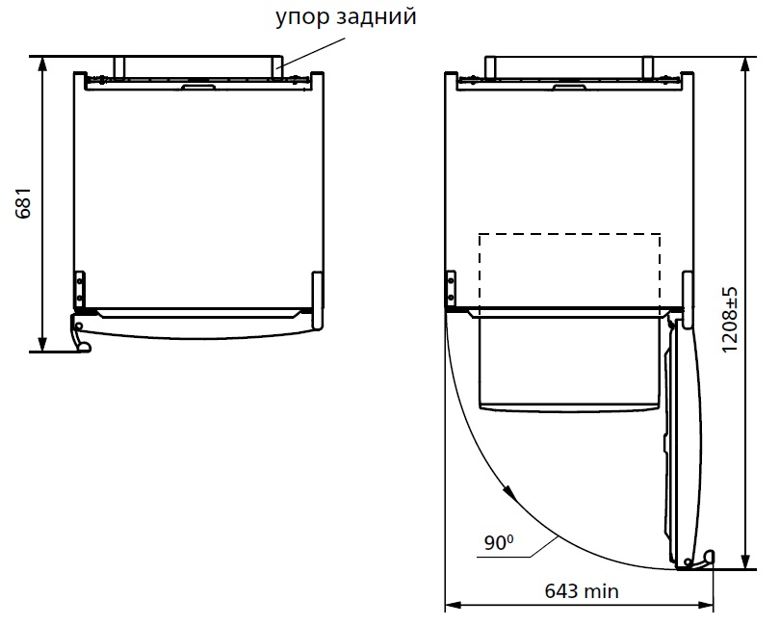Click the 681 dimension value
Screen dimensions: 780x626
23,203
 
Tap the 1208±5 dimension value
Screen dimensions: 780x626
730,320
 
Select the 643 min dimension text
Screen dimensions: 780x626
582,591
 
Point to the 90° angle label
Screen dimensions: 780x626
499,542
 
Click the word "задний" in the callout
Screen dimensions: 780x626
377,17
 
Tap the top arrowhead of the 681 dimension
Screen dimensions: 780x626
42,64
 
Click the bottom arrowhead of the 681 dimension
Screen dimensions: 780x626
42,344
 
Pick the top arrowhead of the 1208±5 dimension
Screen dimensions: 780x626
745,65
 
